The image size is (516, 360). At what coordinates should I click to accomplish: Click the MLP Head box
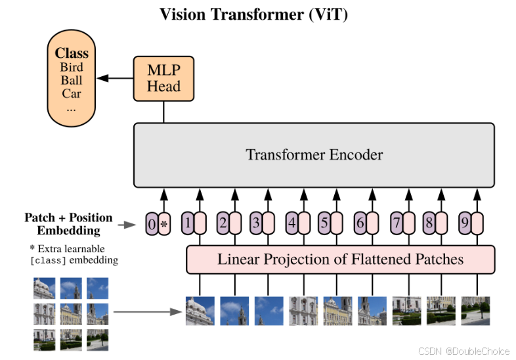[163, 78]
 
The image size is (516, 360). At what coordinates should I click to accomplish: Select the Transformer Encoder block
[314, 155]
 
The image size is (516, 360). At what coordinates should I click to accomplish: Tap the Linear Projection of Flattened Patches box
[340, 259]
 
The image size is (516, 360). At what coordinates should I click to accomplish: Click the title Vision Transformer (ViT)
[254, 14]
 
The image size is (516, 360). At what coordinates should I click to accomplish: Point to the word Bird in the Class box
[72, 67]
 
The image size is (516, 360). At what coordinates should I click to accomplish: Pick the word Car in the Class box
[72, 93]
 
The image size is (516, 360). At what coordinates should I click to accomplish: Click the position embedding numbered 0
[152, 225]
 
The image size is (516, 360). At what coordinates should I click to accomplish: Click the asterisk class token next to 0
[164, 225]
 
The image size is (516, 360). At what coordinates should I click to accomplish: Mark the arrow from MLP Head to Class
[116, 78]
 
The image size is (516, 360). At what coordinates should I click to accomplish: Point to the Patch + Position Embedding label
[68, 224]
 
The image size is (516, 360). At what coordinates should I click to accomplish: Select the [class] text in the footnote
[48, 260]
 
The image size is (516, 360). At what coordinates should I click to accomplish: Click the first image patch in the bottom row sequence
[200, 311]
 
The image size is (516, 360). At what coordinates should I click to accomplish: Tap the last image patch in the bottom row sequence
[475, 311]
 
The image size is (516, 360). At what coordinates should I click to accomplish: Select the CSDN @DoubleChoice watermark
[463, 351]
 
